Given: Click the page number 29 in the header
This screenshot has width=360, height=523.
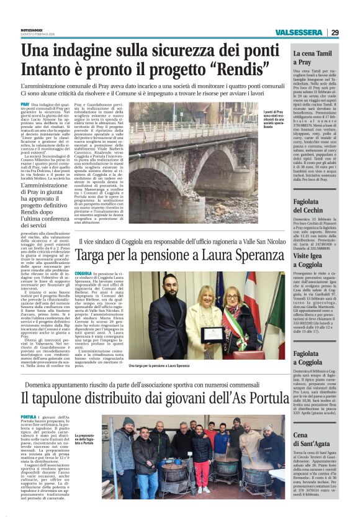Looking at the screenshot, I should (335, 32).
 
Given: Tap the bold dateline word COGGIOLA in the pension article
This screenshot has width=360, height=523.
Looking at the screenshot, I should (83, 274).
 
